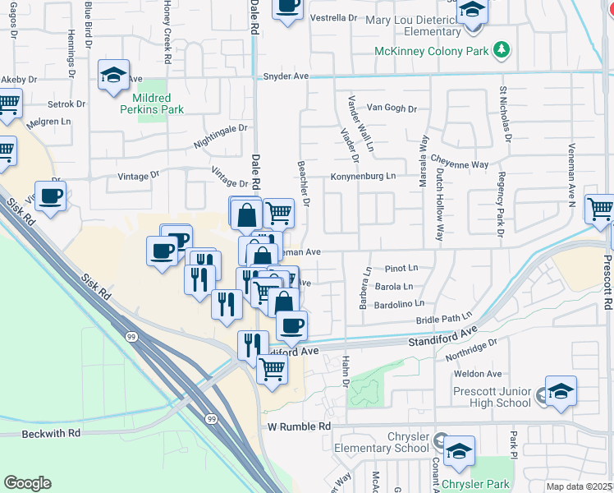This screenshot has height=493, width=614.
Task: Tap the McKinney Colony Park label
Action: pyautogui.click(x=431, y=51)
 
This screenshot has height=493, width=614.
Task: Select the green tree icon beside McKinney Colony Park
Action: pyautogui.click(x=501, y=51)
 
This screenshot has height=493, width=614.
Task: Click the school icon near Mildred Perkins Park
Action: pyautogui.click(x=114, y=76)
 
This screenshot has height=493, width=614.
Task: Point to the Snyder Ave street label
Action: pyautogui.click(x=285, y=76)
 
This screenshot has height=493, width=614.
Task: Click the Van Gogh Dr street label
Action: pyautogui.click(x=392, y=108)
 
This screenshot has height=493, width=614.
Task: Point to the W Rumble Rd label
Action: pyautogui.click(x=299, y=427)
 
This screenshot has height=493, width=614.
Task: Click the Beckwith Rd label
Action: pyautogui.click(x=52, y=432)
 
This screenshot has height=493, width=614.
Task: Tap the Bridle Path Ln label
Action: pyautogui.click(x=444, y=317)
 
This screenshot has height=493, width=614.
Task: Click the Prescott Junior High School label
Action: pyautogui.click(x=492, y=397)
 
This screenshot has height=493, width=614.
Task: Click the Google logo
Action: pyautogui.click(x=27, y=483)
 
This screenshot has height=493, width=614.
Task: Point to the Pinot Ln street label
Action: pyautogui.click(x=401, y=268)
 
